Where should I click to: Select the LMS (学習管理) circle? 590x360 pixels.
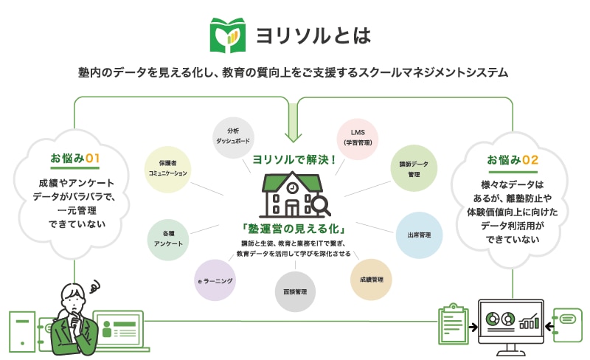(357, 137)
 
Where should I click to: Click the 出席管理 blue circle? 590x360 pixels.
(419, 235)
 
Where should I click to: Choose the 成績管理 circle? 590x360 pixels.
(372, 280)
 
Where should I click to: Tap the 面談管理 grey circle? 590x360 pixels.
(295, 291)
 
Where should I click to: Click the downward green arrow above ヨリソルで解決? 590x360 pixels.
(295, 131)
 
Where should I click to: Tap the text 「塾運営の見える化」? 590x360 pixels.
(295, 229)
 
